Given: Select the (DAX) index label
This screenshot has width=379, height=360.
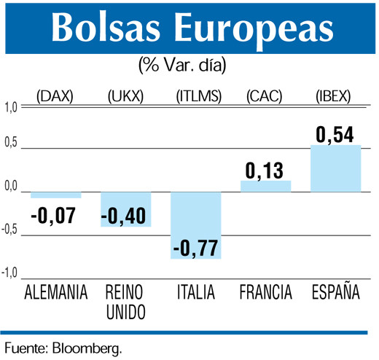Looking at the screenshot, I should pyautogui.click(x=56, y=96).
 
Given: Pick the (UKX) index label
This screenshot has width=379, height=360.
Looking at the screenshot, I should pyautogui.click(x=126, y=96).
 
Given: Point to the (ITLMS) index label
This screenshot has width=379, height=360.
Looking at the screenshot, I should pyautogui.click(x=196, y=96).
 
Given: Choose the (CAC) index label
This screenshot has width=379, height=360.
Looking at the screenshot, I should pyautogui.click(x=265, y=96).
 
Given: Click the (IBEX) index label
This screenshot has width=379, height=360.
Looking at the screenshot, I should pyautogui.click(x=335, y=96).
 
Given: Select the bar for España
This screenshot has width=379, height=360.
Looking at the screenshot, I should pyautogui.click(x=335, y=168).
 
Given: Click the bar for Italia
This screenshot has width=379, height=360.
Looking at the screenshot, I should pyautogui.click(x=195, y=225).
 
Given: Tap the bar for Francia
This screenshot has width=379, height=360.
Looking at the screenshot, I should pyautogui.click(x=265, y=187).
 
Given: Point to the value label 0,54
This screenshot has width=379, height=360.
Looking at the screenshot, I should pyautogui.click(x=335, y=135).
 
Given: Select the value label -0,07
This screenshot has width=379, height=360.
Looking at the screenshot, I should pyautogui.click(x=56, y=216).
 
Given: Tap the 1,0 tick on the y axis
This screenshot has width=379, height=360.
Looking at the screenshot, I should pyautogui.click(x=10, y=109).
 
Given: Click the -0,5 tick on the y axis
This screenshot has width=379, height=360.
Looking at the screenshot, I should pyautogui.click(x=9, y=231).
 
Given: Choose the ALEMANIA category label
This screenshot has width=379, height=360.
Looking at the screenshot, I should pyautogui.click(x=56, y=293).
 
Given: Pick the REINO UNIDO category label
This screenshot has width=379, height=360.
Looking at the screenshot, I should pyautogui.click(x=125, y=302).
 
